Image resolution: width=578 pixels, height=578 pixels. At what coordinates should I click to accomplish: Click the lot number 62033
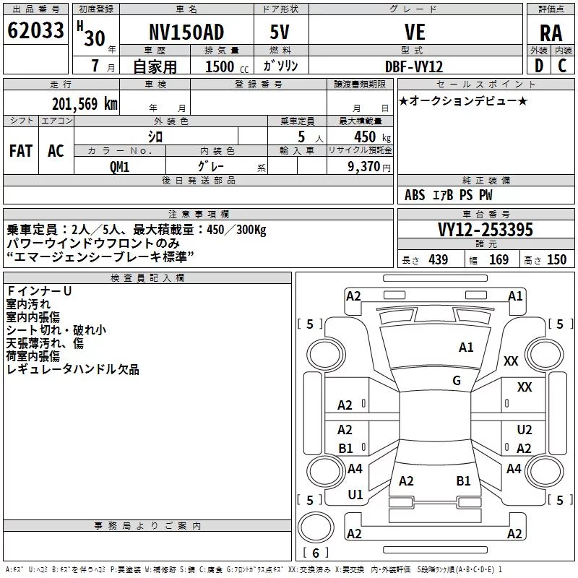(x=35, y=30)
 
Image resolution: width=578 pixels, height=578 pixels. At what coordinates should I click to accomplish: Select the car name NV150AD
(x=186, y=32)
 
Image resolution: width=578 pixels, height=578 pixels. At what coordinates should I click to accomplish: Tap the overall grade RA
(x=551, y=33)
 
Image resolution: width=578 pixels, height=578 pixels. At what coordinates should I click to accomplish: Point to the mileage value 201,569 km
(x=85, y=104)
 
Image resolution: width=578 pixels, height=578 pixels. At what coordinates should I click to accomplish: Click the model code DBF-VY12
(x=414, y=66)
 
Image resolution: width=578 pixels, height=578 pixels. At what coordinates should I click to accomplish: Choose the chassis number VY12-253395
(x=486, y=230)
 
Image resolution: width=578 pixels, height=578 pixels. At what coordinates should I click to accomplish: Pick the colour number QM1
(x=119, y=167)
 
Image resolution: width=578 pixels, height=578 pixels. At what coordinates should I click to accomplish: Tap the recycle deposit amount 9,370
(x=364, y=167)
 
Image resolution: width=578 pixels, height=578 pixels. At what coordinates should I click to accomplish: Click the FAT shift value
(x=21, y=151)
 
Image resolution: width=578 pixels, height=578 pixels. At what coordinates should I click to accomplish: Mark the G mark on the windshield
(x=457, y=380)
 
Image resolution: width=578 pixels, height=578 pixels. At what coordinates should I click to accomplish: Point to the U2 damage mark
(x=525, y=429)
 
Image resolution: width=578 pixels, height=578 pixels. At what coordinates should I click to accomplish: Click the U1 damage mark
(x=355, y=495)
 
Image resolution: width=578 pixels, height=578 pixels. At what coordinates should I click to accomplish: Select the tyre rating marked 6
(x=316, y=553)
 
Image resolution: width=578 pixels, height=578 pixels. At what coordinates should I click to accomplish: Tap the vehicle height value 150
(x=556, y=259)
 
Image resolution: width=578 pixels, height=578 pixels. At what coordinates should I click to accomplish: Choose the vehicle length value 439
(x=439, y=259)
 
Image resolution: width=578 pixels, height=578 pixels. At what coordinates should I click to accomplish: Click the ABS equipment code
(x=415, y=195)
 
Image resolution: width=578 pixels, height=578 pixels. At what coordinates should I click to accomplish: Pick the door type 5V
(x=280, y=32)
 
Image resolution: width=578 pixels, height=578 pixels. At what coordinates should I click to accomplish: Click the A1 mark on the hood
(x=466, y=348)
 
